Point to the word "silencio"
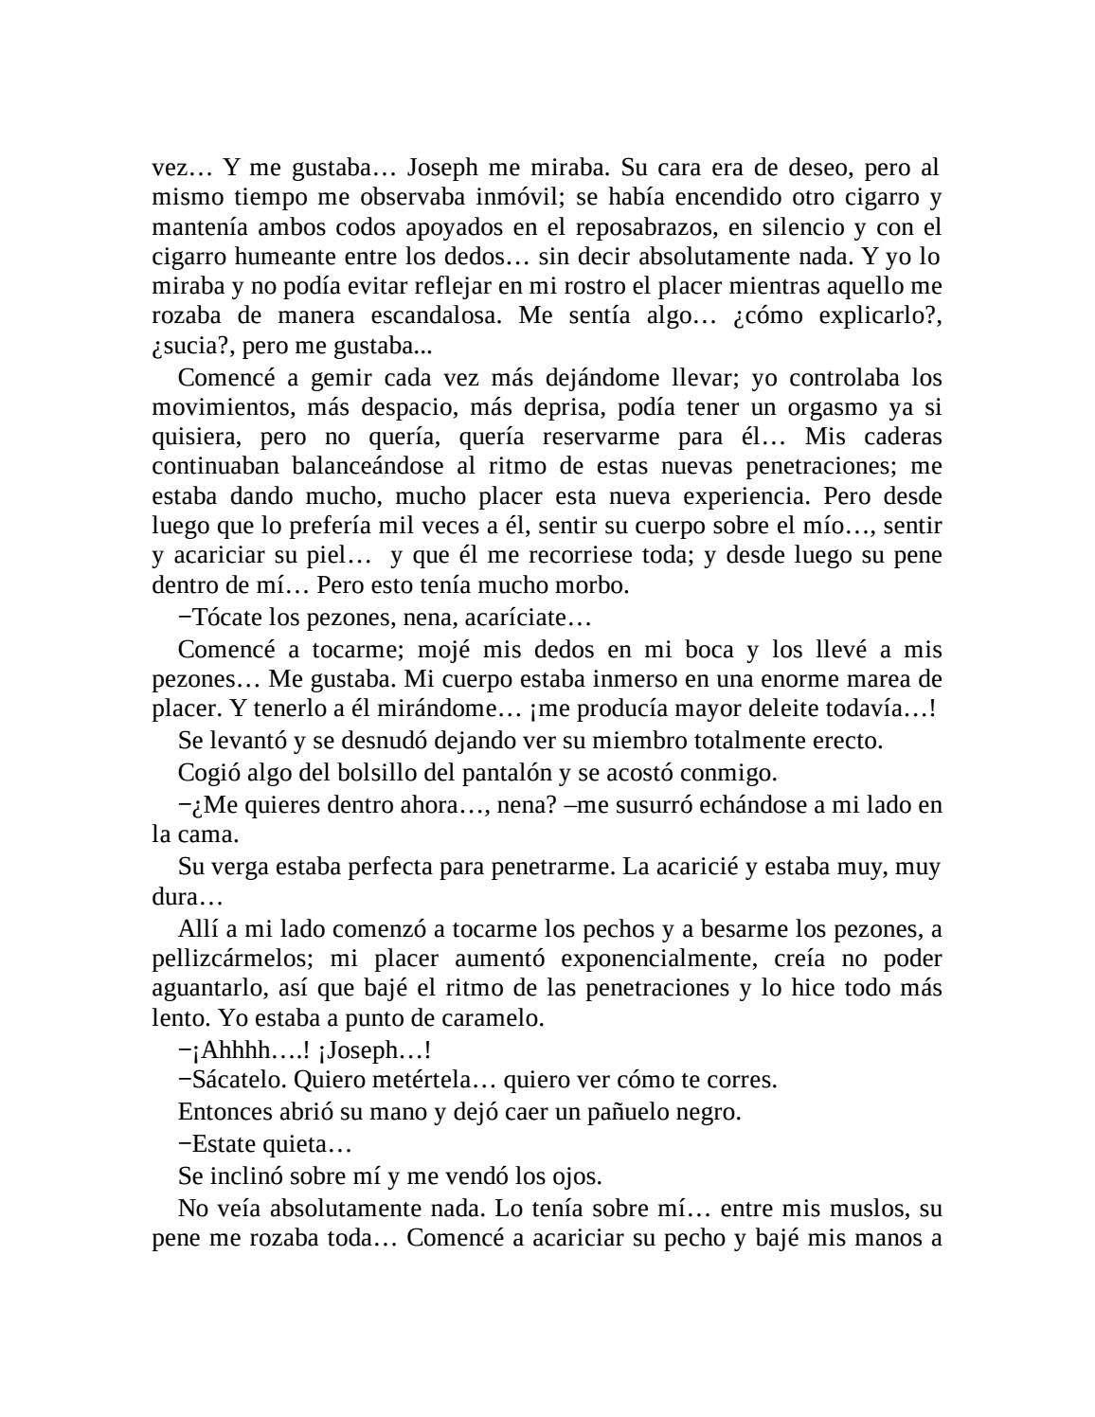(808, 227)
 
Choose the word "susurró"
(634, 805)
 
